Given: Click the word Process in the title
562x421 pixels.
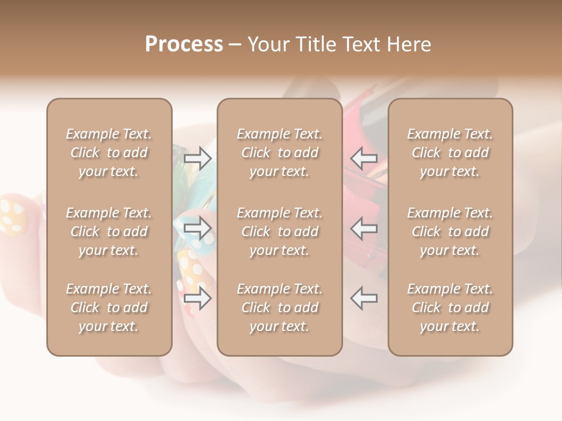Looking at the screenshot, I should click(184, 44).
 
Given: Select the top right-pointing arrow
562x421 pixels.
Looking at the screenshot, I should click(198, 158).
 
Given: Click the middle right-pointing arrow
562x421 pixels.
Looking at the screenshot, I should click(198, 228).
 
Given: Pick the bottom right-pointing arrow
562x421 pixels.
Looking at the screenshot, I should click(198, 298).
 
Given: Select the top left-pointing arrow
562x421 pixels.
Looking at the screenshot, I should click(364, 158).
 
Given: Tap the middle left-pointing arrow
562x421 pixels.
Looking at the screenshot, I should click(364, 228).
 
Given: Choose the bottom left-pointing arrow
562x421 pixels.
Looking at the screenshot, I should click(364, 298).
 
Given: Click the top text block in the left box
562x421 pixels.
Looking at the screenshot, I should click(109, 153).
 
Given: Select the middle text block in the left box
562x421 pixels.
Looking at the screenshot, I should click(109, 232).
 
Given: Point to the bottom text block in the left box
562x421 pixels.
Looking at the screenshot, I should click(109, 308).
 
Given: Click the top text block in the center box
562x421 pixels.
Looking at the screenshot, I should click(279, 153).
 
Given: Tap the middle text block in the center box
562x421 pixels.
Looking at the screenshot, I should click(279, 232).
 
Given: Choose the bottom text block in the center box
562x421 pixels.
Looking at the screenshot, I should click(279, 308).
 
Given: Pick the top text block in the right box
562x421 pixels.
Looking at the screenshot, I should click(450, 153).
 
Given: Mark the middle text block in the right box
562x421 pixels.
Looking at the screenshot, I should click(450, 232).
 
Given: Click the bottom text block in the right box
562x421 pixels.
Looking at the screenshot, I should click(450, 308).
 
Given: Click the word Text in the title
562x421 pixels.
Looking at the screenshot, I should click(362, 44).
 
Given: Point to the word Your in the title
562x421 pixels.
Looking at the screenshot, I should click(268, 44).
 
